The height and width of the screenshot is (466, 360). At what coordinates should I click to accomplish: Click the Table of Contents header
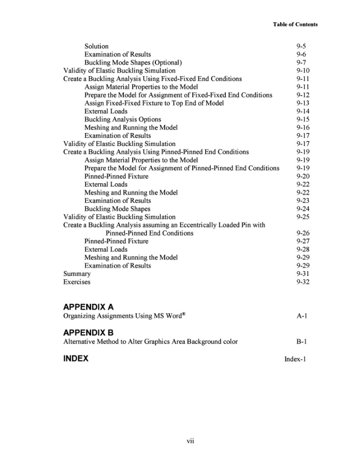coord(295,24)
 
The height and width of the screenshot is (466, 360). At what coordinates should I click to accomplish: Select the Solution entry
coord(96,46)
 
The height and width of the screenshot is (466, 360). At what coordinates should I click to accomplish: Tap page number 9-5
coord(301,46)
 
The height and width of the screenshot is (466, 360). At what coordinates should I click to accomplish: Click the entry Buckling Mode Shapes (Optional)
coord(133,63)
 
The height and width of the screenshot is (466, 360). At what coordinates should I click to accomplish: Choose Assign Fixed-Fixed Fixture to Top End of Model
coord(154,103)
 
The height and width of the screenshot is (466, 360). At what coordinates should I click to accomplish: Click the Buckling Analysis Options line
coord(123,119)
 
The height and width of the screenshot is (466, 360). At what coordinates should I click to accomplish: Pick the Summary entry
coord(77,273)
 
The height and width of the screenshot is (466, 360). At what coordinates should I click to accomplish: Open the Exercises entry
coord(77,282)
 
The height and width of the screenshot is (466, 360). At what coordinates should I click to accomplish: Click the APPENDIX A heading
coord(88,307)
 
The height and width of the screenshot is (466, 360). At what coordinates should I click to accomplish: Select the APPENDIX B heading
coord(88,332)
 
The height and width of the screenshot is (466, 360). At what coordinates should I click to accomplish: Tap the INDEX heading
coord(76,358)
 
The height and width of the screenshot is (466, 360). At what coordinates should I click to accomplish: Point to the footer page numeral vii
coord(190,441)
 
